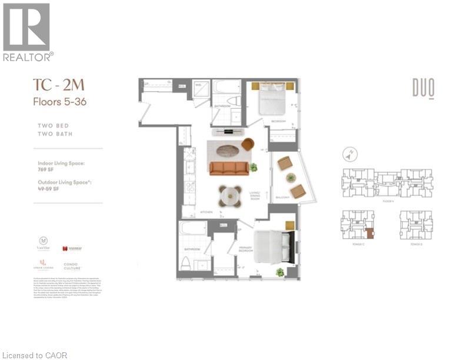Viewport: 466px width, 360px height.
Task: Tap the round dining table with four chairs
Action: click(x=230, y=195)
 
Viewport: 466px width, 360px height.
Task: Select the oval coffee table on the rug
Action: click(x=227, y=151)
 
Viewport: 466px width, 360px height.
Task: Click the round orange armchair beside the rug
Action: click(x=248, y=144)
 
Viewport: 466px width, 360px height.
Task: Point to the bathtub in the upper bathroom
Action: click(x=224, y=88)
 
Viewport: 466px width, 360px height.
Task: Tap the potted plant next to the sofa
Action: click(x=254, y=168)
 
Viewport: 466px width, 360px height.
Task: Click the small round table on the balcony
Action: click(x=290, y=177)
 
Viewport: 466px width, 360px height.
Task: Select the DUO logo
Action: click(x=423, y=89)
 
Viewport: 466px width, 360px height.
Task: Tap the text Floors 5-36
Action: click(x=59, y=101)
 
